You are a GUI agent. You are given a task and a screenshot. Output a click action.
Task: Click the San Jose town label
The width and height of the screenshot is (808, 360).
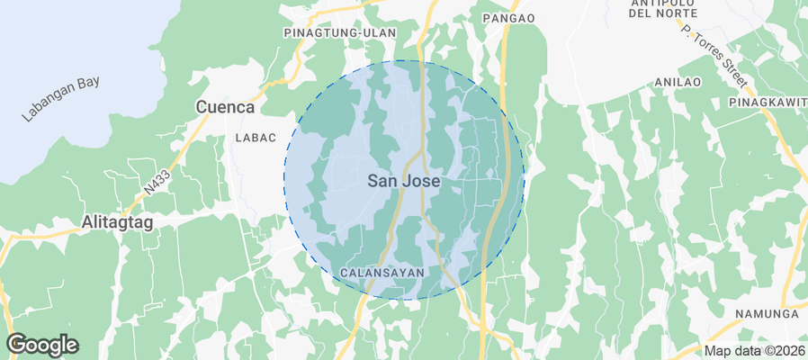click(x=404, y=181)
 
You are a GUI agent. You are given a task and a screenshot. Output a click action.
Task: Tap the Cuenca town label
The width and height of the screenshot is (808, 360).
click(x=225, y=107)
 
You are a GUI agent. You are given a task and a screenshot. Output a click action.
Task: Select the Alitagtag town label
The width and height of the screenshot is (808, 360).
click(x=119, y=221)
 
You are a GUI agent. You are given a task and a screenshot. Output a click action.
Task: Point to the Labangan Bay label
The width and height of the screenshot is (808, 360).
click(x=62, y=100)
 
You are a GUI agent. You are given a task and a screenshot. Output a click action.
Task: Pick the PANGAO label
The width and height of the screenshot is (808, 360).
click(x=508, y=18)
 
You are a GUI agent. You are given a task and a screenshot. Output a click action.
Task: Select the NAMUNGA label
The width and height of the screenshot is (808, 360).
click(x=767, y=313)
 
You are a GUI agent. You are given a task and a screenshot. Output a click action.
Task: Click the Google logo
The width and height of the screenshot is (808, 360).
click(x=42, y=345)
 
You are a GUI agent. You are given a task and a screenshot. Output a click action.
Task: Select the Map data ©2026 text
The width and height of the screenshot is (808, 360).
click(x=753, y=351)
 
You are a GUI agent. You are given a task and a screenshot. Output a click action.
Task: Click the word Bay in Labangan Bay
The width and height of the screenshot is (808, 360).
click(x=86, y=85)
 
